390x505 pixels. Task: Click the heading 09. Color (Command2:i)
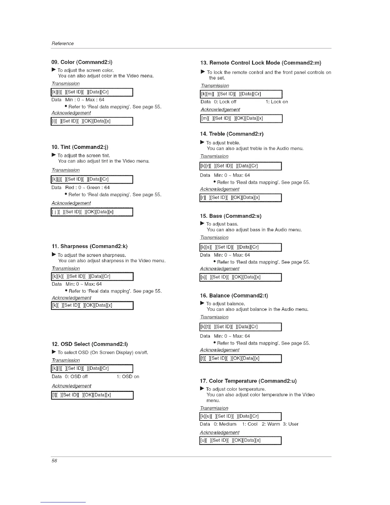coord(82,62)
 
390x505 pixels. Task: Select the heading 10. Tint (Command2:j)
coord(80,147)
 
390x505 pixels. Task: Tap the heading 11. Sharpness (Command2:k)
coord(90,246)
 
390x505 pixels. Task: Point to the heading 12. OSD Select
coord(90,344)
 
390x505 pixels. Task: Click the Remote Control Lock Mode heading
coord(261,63)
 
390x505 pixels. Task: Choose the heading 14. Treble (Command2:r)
coord(232,134)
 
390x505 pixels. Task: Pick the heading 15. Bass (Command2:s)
coord(231,216)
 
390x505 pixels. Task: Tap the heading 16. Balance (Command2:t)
coord(234,296)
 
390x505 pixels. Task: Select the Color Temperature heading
coord(248,381)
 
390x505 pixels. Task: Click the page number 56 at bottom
coord(54,461)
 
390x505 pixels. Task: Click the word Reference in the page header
coord(62,43)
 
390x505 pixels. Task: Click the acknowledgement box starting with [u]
coord(240,440)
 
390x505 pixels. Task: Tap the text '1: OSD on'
coord(128,377)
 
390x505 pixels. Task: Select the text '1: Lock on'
coord(277,102)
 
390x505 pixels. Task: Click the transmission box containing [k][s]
coord(240,247)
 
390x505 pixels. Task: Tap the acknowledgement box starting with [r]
coord(240,197)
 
